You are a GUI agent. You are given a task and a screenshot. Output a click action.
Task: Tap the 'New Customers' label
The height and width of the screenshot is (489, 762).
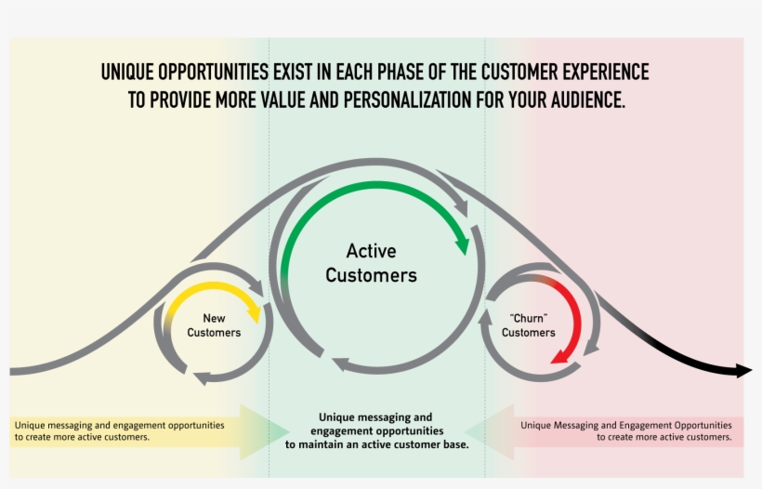214,325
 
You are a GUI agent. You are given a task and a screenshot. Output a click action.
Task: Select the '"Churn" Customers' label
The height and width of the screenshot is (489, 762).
528,325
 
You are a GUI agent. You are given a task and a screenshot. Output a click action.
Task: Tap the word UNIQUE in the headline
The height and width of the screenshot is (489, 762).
127,73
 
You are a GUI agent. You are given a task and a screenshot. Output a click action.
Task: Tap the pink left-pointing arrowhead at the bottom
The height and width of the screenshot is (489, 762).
489,431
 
